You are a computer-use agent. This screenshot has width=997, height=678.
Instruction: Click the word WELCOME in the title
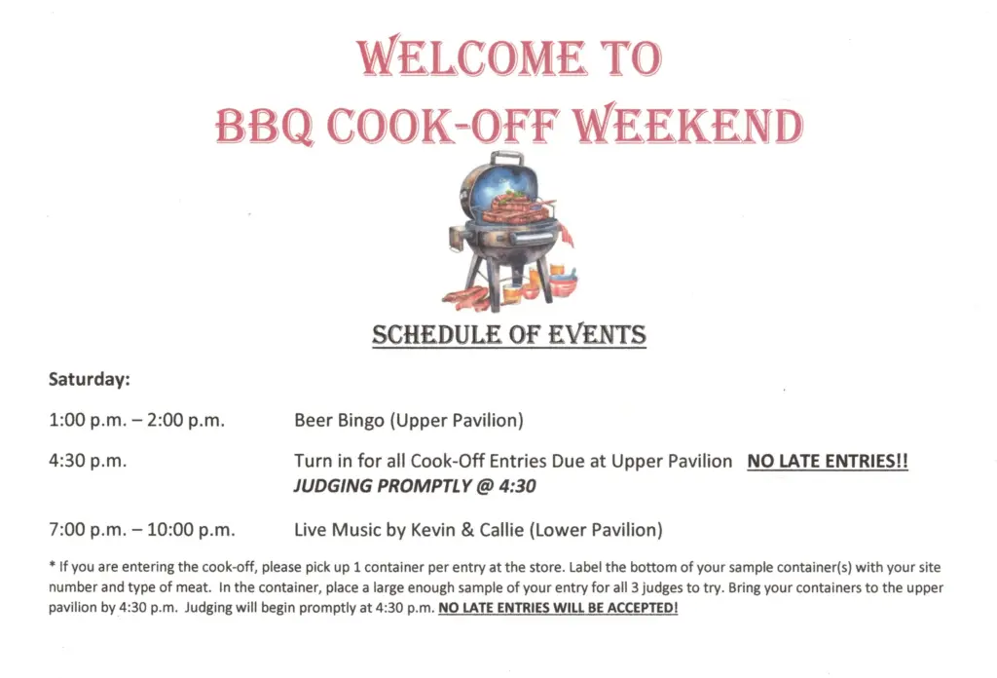[x=470, y=57]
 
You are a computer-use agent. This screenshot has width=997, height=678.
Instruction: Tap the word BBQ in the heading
[x=264, y=126]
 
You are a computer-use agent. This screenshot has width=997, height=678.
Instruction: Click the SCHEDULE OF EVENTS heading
[x=509, y=335]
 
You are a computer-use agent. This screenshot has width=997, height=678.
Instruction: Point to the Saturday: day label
[x=90, y=379]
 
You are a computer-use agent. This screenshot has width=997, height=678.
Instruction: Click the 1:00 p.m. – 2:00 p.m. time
[x=136, y=421]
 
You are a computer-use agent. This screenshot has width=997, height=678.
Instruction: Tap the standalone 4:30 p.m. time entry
[x=88, y=461]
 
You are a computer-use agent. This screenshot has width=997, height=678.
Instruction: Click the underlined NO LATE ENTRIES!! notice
[x=828, y=461]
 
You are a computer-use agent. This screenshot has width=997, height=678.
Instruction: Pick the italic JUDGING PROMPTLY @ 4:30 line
[x=415, y=486]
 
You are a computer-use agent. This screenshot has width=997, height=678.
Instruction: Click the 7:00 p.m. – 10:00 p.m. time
[x=142, y=530]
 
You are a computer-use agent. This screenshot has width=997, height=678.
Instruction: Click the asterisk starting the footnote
[x=53, y=565]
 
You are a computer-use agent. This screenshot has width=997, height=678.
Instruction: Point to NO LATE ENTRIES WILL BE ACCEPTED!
[x=558, y=608]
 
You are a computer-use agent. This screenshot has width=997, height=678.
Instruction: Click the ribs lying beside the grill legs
[x=466, y=298]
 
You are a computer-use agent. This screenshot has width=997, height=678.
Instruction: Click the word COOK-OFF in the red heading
[x=444, y=126]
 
